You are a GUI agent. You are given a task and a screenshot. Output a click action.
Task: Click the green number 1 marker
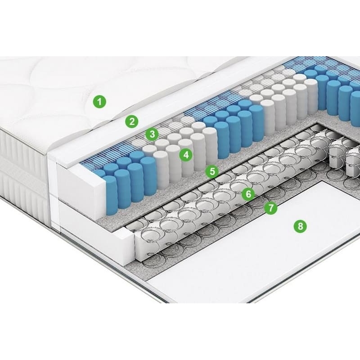[x=99, y=101]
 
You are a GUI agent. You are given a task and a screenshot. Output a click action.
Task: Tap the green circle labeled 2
[x=132, y=121]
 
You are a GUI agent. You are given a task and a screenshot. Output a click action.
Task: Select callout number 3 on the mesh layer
[x=152, y=134]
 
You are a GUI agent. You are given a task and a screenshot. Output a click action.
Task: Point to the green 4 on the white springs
[x=186, y=154]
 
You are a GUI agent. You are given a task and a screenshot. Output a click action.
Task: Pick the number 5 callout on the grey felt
[x=212, y=171]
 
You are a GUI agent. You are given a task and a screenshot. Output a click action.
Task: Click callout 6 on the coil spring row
[x=248, y=194]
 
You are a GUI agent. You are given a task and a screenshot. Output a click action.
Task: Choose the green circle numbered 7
[x=271, y=208]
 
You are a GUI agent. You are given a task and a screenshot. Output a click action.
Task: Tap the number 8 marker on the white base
[x=300, y=226]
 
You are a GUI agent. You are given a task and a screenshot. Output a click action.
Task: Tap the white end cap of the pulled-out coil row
[x=147, y=243]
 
